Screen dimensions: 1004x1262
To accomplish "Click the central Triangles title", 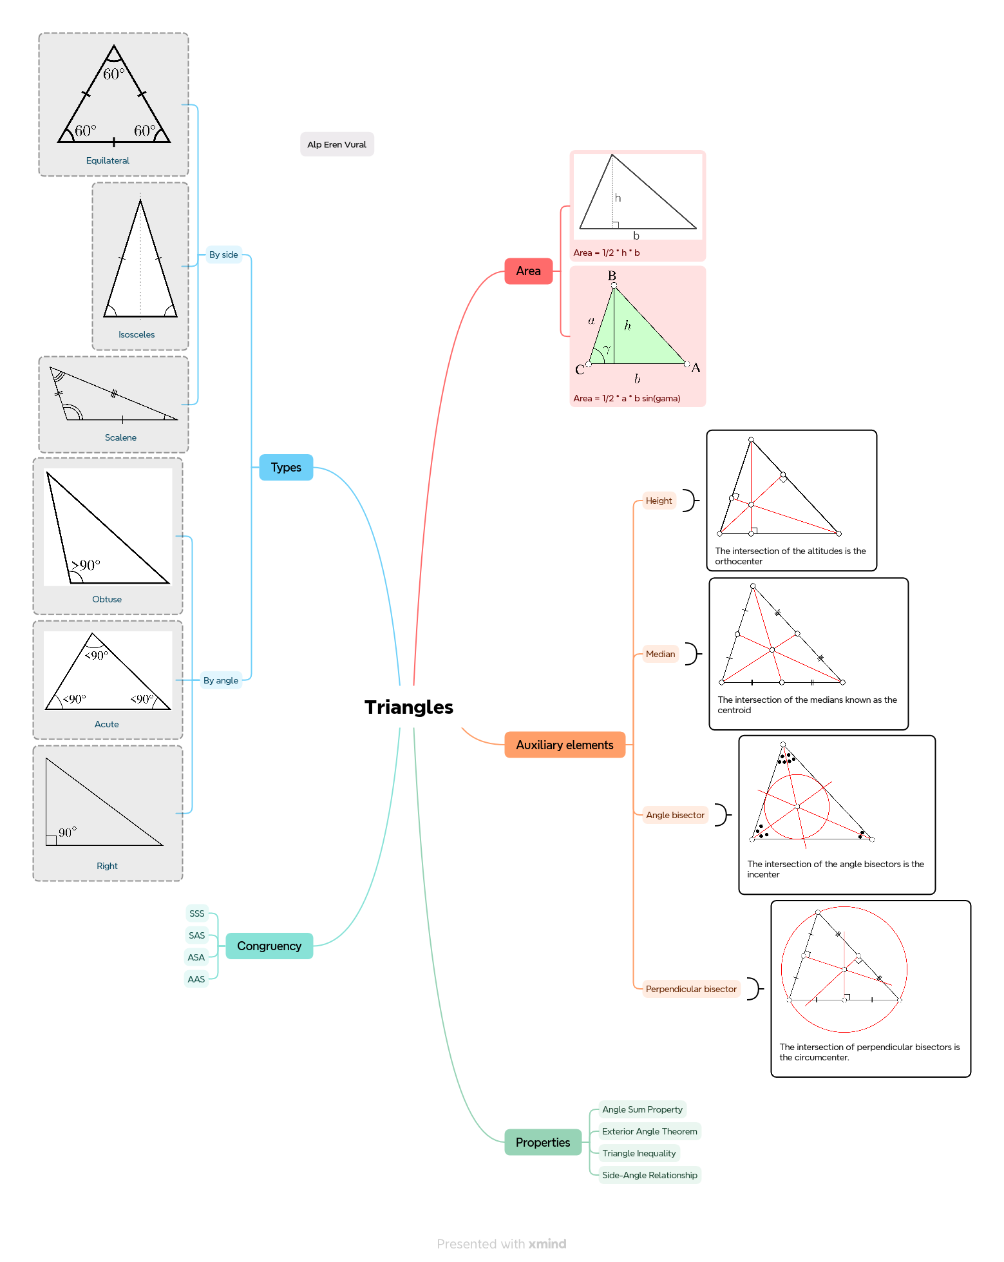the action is coord(409,707).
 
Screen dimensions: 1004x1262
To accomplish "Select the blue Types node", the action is coord(286,467).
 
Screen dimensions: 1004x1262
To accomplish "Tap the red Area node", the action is coord(528,271).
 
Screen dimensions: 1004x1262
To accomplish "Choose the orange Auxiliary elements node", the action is coord(565,745).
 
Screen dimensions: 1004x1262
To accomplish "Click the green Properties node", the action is coord(543,1142).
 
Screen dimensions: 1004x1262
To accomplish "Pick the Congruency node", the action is coord(269,946).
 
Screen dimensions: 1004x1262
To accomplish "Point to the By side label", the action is coord(223,254).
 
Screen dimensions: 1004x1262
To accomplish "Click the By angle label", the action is coord(221,680).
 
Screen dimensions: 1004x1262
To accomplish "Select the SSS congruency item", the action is coord(197,913).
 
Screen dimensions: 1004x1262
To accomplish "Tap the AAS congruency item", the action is coord(196,979).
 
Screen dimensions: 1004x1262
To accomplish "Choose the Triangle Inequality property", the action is coord(639,1153).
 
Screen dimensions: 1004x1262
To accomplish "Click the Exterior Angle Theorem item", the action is coord(650,1131).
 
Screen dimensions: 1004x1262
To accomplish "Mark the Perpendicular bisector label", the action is coord(691,989).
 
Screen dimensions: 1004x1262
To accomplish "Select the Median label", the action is coord(661,654).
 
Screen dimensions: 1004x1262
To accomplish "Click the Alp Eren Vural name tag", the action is coord(337,144).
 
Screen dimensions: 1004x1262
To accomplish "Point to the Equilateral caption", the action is coord(108,160).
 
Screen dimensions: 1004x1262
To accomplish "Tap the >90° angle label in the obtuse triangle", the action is coord(86,565).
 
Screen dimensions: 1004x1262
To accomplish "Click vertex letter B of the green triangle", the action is coord(612,275).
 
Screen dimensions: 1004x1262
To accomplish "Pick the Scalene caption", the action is coord(120,437).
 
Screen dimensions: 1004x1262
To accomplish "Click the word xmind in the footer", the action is coord(547,1243).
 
